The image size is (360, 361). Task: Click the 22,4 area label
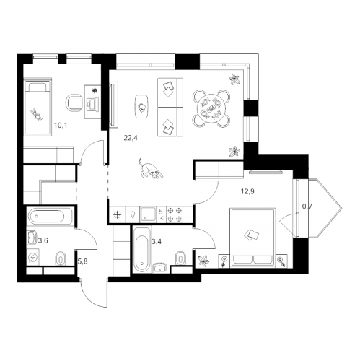[x=131, y=138]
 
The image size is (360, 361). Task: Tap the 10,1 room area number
[x=61, y=126]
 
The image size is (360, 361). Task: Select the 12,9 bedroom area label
[x=247, y=191]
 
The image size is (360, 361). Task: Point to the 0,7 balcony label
[x=307, y=206]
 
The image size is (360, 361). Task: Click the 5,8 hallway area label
[x=82, y=261]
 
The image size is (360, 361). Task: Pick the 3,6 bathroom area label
[x=43, y=240]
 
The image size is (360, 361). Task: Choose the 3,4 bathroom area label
[x=157, y=241]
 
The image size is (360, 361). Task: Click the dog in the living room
[x=151, y=168]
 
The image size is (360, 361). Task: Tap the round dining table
[x=211, y=108]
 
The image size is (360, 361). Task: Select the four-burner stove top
[x=175, y=214]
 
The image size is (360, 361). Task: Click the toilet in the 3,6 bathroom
[x=61, y=259]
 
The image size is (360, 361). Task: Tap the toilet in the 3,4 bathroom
[x=181, y=258]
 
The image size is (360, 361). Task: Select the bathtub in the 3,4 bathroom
[x=142, y=250]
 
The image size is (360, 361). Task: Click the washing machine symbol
[x=32, y=258]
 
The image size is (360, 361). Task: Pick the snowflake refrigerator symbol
[x=117, y=214]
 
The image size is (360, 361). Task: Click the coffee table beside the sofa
[x=141, y=106]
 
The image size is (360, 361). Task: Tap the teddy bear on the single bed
[x=37, y=115]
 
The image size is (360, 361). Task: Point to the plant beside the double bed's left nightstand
[x=203, y=261]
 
